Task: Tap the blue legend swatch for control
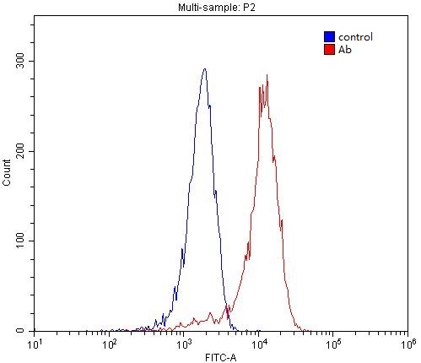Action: tap(329, 37)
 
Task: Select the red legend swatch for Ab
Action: tap(329, 50)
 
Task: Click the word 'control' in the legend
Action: tap(354, 37)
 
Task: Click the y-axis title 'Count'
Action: tap(8, 174)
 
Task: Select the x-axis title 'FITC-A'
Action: tap(220, 356)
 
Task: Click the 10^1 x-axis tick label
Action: tap(35, 344)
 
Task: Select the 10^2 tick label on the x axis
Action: tap(110, 344)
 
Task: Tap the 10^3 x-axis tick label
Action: tap(184, 344)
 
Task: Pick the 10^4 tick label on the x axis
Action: tap(259, 344)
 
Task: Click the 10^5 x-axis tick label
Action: tap(333, 344)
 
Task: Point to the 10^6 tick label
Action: tap(408, 344)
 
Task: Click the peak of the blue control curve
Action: tap(205, 69)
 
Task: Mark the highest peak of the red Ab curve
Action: tap(267, 75)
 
